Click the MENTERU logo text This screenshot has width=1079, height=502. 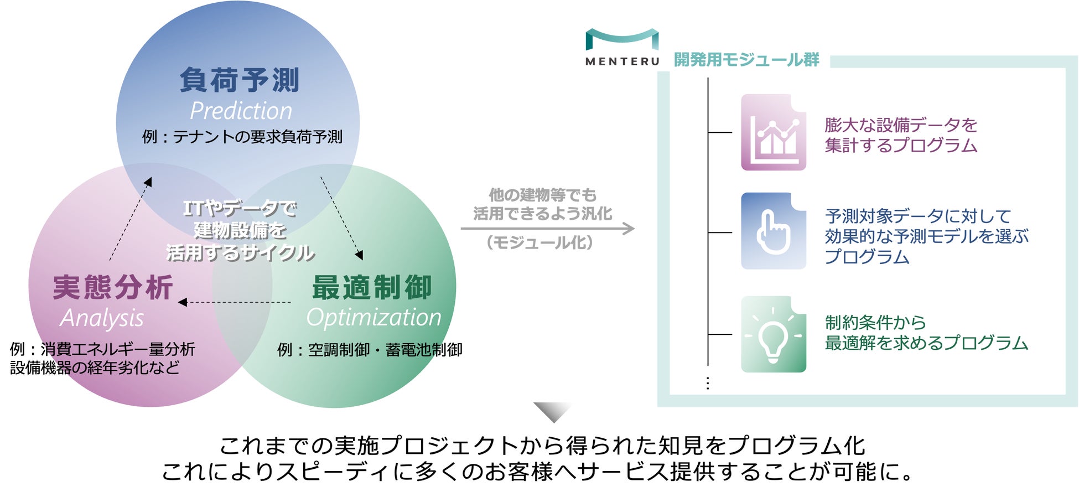pos(622,61)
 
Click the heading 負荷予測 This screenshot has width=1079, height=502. pos(239,80)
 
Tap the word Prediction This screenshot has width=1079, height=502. pos(241,111)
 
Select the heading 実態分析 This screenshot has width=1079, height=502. pos(113,287)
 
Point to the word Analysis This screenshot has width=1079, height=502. pos(102,318)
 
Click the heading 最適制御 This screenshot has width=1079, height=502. pos(372,287)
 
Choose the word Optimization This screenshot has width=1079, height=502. pos(373,318)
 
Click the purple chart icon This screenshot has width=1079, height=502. pos(773,132)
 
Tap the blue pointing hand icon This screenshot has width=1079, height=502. pos(773,231)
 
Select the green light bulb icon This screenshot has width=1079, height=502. pos(773,334)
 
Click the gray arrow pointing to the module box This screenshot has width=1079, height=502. pos(548,229)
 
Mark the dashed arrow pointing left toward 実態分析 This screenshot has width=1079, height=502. pos(235,302)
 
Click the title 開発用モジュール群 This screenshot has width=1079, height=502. pos(746,60)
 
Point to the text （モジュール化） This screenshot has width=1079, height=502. pos(539,242)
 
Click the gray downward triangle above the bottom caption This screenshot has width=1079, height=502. pos(552,412)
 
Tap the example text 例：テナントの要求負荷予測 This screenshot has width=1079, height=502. pos(242,137)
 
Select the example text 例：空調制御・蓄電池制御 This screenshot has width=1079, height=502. pos(370,350)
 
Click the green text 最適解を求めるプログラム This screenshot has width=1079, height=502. pos(926,343)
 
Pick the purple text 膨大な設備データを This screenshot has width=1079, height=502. pos(901,125)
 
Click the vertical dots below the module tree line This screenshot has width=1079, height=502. pos(708,383)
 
